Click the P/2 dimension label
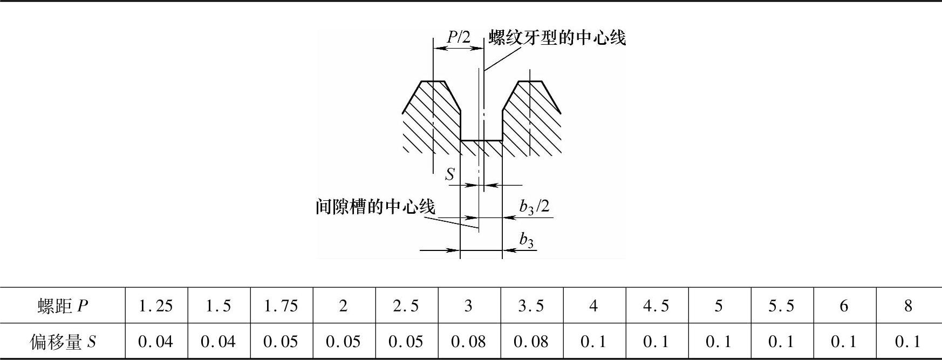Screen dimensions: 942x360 459,37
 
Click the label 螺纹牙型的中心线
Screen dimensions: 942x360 557,38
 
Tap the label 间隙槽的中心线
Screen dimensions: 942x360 375,207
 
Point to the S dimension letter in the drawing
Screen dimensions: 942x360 449,174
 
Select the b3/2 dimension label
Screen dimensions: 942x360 534,207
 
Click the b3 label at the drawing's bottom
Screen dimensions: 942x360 526,240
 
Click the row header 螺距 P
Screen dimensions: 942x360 63,306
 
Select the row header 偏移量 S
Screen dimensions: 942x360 63,342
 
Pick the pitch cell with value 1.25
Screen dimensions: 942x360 156,306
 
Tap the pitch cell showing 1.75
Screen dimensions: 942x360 281,306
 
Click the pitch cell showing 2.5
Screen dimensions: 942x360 406,306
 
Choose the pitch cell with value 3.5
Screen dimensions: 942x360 531,306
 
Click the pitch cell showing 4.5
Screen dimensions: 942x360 657,306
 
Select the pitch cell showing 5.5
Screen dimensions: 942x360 782,306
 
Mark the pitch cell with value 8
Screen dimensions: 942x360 908,306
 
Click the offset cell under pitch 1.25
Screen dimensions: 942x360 156,342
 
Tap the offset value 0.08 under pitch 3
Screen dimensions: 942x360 468,342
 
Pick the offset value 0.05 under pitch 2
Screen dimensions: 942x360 343,342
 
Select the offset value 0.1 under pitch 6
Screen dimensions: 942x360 844,342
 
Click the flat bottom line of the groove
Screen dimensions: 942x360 481,141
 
